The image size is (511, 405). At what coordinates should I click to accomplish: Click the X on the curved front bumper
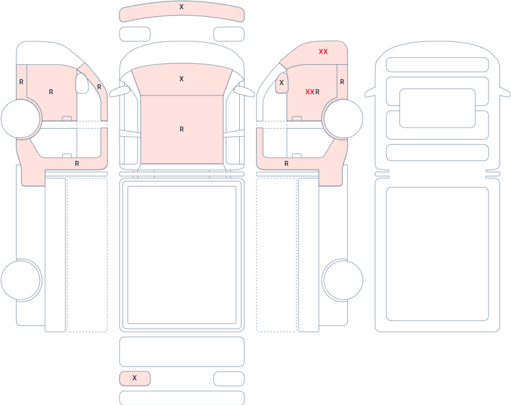tap(181, 7)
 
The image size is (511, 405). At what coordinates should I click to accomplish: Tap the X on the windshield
tap(181, 79)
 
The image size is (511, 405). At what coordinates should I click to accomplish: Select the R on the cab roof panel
tap(182, 129)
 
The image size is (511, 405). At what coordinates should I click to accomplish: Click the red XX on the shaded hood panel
tap(323, 52)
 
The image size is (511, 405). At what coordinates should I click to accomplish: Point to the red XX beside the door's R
tap(310, 92)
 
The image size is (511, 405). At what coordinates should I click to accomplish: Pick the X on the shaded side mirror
tap(281, 83)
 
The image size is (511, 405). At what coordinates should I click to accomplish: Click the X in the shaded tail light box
tap(134, 378)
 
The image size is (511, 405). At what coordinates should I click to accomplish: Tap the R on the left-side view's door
tap(51, 92)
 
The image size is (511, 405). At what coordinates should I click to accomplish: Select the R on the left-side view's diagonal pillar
tap(99, 87)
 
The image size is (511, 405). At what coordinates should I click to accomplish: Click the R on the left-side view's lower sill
tap(77, 164)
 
